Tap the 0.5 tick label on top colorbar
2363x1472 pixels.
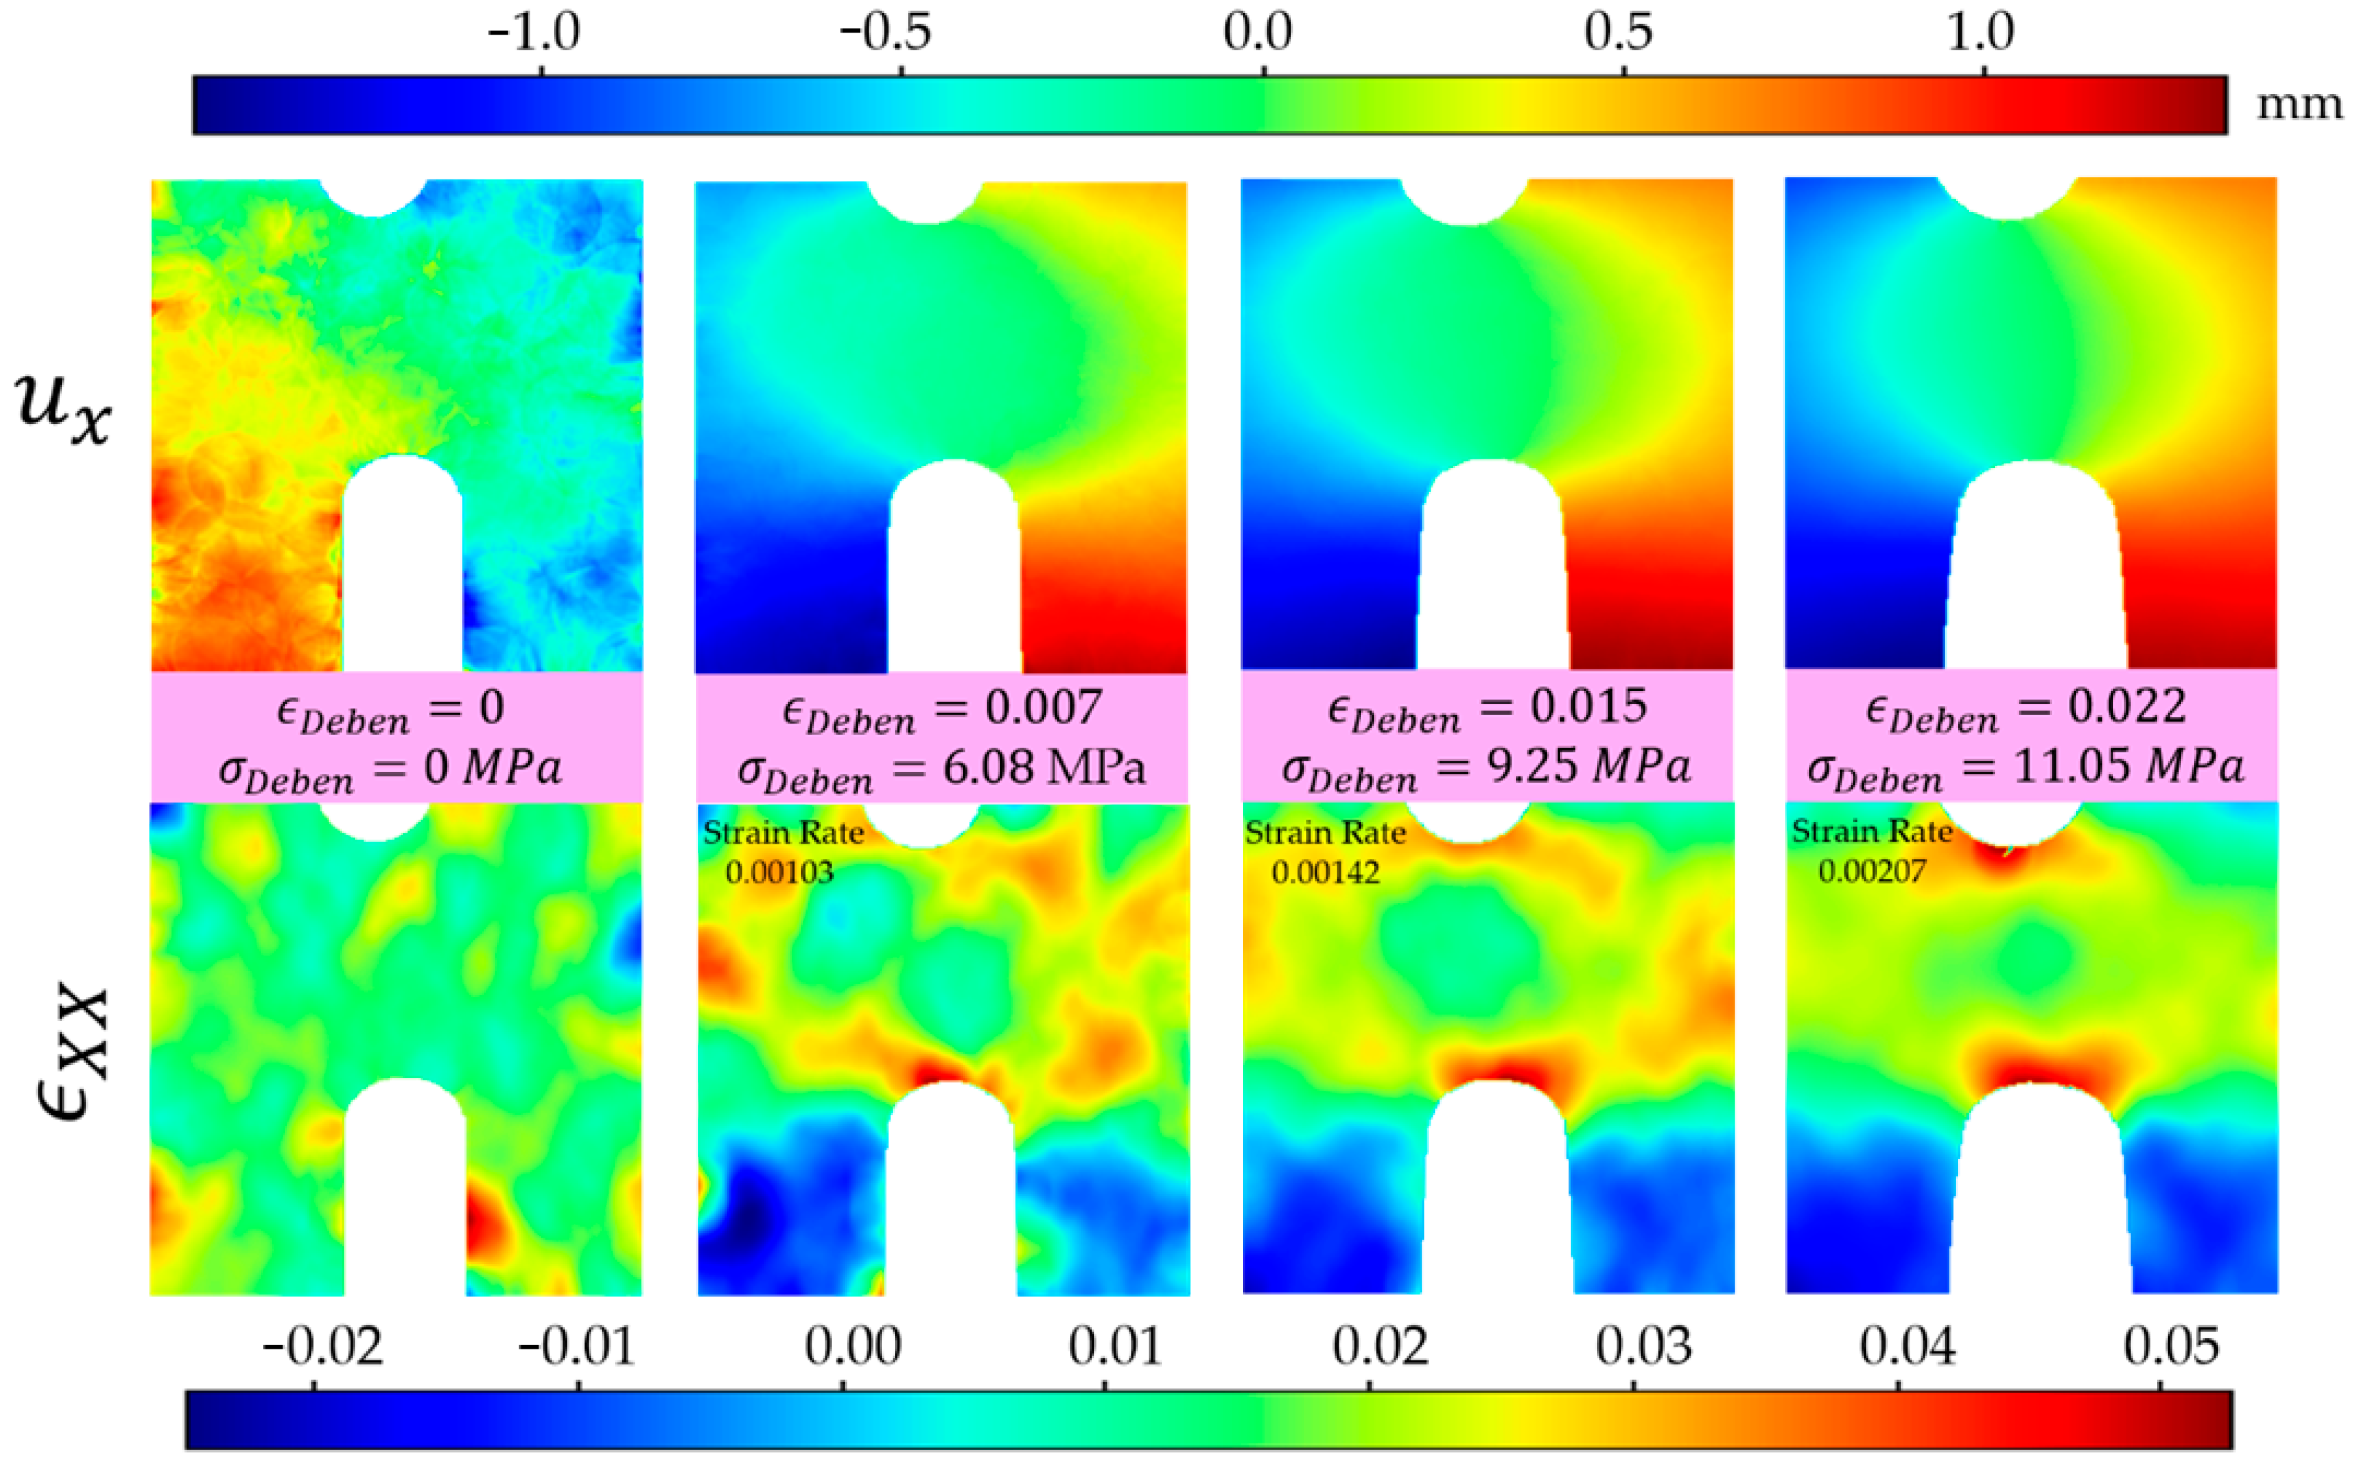point(1617,33)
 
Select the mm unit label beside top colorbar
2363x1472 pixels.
point(2299,103)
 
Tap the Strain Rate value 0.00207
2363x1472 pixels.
point(1872,870)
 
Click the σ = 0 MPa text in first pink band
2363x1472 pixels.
point(389,769)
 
